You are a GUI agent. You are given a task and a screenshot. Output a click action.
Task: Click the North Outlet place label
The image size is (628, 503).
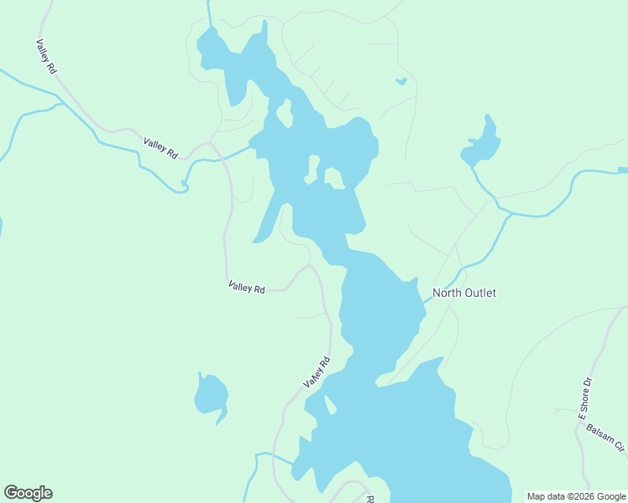pyautogui.click(x=463, y=293)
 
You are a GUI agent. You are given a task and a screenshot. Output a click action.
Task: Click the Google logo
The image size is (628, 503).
pyautogui.click(x=28, y=493)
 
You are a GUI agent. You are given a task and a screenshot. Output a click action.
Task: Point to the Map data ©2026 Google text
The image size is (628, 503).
pyautogui.click(x=576, y=496)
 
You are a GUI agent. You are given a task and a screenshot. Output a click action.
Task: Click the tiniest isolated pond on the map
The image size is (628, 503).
pyautogui.click(x=400, y=81)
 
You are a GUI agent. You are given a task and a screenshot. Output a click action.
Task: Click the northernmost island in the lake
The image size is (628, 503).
pyautogui.click(x=285, y=112)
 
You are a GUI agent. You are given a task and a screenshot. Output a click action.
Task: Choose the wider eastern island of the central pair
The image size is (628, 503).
pyautogui.click(x=333, y=178)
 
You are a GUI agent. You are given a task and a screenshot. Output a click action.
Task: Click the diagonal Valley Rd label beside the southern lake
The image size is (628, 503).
pyautogui.click(x=317, y=372)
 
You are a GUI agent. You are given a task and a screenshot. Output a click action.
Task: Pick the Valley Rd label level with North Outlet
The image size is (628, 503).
pyautogui.click(x=246, y=288)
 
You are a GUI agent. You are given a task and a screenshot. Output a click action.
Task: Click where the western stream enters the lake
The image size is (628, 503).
pyautogui.click(x=252, y=148)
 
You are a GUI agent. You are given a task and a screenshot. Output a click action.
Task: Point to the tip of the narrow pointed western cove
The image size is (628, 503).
pyautogui.click(x=254, y=242)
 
